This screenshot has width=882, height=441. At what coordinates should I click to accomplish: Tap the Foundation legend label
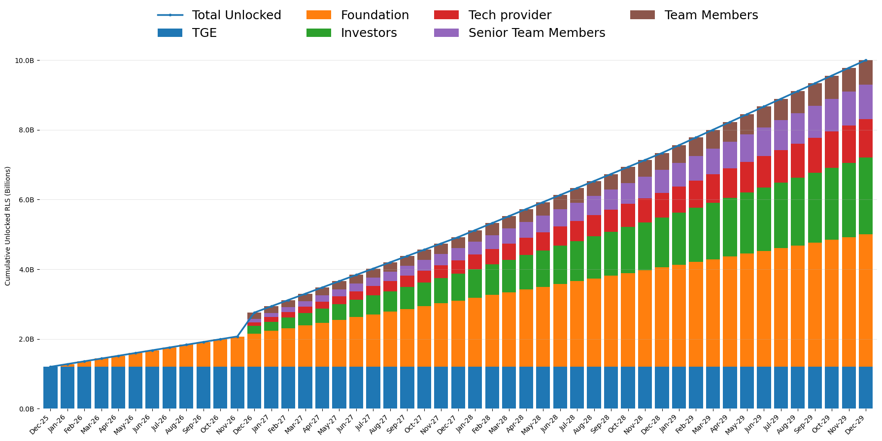click(374, 15)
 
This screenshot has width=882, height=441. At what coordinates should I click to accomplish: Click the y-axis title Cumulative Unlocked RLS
click(8, 226)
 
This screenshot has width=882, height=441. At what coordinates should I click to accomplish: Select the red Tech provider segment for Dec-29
click(866, 138)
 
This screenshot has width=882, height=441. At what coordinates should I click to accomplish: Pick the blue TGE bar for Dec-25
click(50, 387)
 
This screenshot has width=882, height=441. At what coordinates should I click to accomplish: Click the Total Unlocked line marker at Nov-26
click(237, 337)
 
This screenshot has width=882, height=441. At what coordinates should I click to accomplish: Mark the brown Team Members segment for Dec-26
click(254, 315)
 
